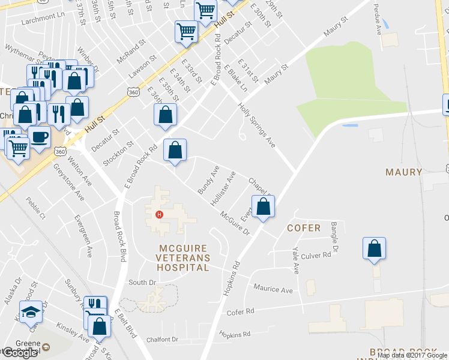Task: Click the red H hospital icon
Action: tap(159, 214)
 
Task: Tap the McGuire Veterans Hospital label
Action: tap(183, 257)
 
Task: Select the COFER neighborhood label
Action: tap(304, 228)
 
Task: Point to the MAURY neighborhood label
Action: tap(404, 172)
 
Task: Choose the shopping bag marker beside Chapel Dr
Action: tap(263, 207)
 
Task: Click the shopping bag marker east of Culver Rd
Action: tap(374, 248)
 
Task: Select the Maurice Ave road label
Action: tap(273, 289)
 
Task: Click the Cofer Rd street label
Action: tap(241, 311)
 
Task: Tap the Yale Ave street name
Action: tap(295, 261)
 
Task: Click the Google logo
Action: tap(19, 353)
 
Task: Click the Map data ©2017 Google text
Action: tap(412, 355)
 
